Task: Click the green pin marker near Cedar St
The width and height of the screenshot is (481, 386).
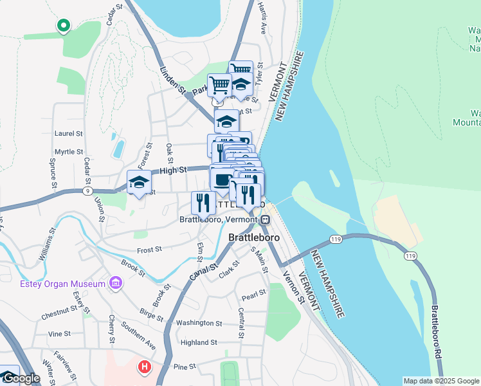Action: tap(63, 26)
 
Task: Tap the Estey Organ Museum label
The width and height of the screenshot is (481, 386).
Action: tap(62, 284)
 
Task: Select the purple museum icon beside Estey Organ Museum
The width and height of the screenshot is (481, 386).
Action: tap(116, 283)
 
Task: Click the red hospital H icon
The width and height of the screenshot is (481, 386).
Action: tap(145, 367)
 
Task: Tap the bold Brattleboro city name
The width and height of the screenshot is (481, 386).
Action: tap(254, 237)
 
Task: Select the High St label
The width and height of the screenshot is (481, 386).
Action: tap(172, 170)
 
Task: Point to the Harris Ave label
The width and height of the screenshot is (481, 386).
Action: tap(262, 17)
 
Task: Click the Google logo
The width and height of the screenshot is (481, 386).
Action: tap(21, 378)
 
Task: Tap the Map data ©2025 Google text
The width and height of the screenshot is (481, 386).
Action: tap(440, 381)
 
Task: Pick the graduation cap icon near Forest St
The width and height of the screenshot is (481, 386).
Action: tap(139, 183)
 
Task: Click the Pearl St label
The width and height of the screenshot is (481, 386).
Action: tap(254, 297)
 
